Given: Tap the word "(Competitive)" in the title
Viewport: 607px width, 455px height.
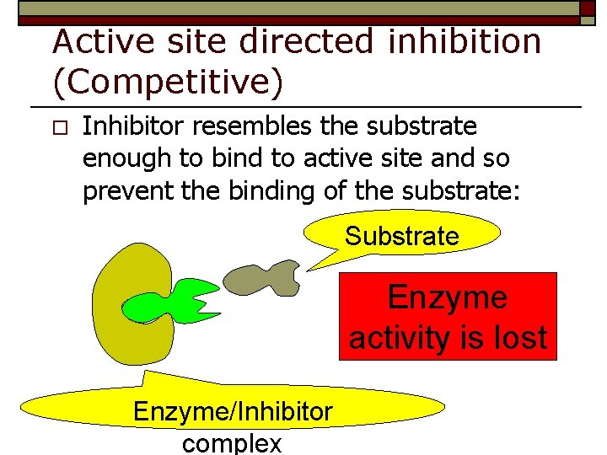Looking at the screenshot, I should [168, 83].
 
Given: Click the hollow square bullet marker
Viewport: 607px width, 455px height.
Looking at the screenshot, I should [57, 128].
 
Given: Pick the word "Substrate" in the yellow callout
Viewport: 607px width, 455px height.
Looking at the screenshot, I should [401, 236].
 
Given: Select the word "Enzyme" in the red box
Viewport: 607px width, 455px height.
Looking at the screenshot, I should [448, 297].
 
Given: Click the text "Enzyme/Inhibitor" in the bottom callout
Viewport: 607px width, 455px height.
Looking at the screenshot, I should [233, 412].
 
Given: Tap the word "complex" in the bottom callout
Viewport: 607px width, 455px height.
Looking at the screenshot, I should [232, 443].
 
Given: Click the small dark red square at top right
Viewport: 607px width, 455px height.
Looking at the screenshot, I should [588, 8].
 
